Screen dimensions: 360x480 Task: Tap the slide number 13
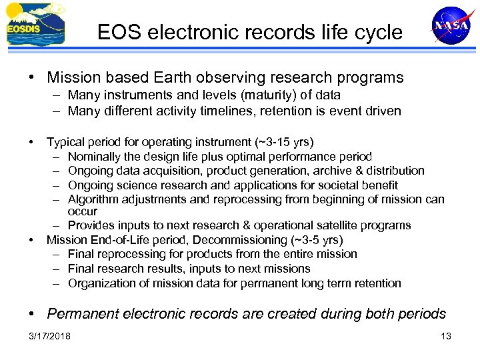(446, 335)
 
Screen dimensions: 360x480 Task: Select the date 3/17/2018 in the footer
(49, 335)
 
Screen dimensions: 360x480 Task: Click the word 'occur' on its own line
(82, 211)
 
